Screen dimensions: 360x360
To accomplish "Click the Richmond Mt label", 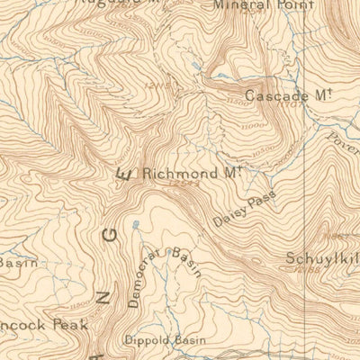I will (x=193, y=171).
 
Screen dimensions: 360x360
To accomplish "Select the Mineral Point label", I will (x=264, y=4).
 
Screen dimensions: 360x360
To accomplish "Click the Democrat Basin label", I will (x=165, y=276).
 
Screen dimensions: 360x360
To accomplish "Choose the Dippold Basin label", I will (x=165, y=339).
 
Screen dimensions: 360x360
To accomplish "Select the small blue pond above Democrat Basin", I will (x=136, y=223).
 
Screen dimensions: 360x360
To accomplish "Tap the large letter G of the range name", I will (x=110, y=237).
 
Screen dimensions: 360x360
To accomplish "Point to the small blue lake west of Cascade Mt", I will (x=195, y=67).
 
